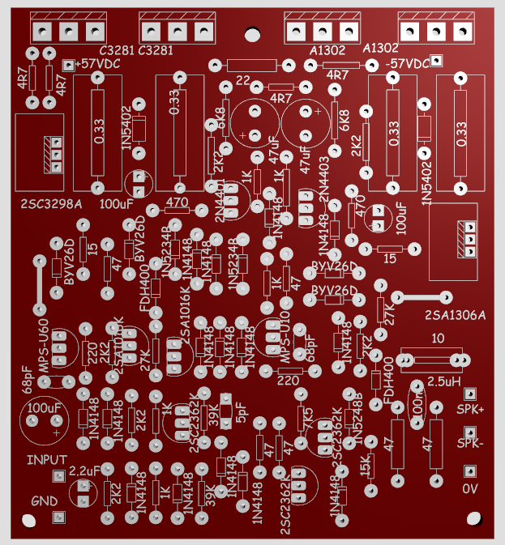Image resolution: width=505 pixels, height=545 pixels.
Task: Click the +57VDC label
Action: [100, 64]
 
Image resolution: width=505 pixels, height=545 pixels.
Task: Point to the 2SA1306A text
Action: [455, 314]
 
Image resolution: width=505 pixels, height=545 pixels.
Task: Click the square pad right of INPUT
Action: [57, 476]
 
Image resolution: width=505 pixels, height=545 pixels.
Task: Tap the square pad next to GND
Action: [57, 517]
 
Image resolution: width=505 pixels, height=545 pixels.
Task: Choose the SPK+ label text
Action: [470, 410]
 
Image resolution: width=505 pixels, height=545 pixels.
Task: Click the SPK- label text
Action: [470, 443]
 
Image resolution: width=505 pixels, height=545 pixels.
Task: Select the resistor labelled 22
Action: [242, 79]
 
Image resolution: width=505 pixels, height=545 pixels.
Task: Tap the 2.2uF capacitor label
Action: [84, 469]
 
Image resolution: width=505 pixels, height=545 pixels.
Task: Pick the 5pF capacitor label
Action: [243, 412]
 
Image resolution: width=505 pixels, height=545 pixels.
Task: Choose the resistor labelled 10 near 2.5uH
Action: [439, 338]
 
